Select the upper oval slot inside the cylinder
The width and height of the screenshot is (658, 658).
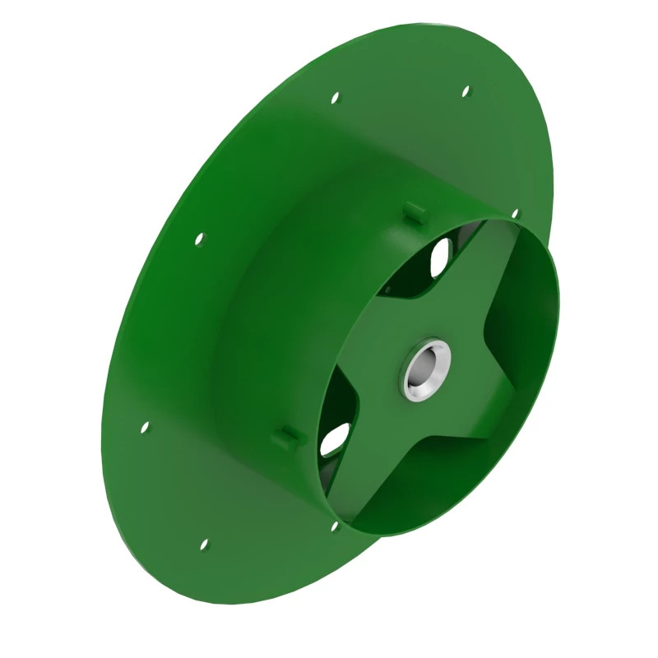[x=440, y=256]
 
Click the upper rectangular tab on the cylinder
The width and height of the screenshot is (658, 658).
[x=414, y=212]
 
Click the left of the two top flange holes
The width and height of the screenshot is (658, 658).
[x=335, y=98]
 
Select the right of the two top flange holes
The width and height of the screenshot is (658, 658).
[x=466, y=90]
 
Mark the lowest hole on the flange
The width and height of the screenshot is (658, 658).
[x=204, y=544]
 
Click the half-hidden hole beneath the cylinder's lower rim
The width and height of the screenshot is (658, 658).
[x=335, y=524]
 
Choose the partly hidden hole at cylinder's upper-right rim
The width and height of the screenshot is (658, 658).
[x=515, y=214]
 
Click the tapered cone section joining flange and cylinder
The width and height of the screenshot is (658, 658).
[x=271, y=271]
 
